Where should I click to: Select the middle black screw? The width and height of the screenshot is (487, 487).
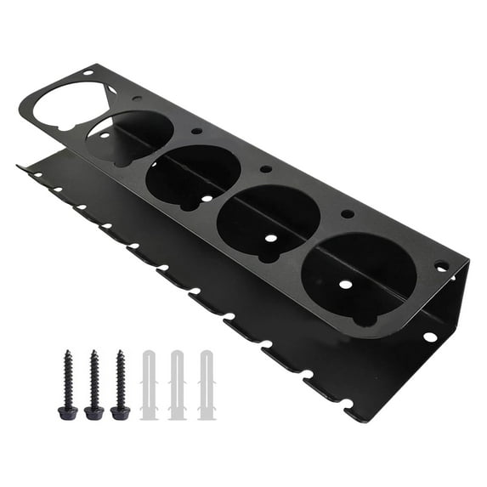pyautogui.click(x=94, y=382)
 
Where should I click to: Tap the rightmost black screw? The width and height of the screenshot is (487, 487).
pyautogui.click(x=120, y=382)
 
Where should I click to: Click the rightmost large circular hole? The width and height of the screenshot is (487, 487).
pyautogui.click(x=359, y=277)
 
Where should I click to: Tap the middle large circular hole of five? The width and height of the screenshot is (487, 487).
pyautogui.click(x=193, y=176)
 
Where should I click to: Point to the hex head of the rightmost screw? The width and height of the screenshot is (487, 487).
pyautogui.click(x=120, y=412)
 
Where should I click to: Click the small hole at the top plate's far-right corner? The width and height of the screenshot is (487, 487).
pyautogui.click(x=440, y=266)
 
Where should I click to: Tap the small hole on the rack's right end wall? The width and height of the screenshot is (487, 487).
pyautogui.click(x=430, y=337)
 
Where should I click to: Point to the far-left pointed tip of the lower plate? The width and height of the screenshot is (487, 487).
pyautogui.click(x=19, y=167)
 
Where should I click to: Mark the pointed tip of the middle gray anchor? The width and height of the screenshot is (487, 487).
pyautogui.click(x=178, y=350)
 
